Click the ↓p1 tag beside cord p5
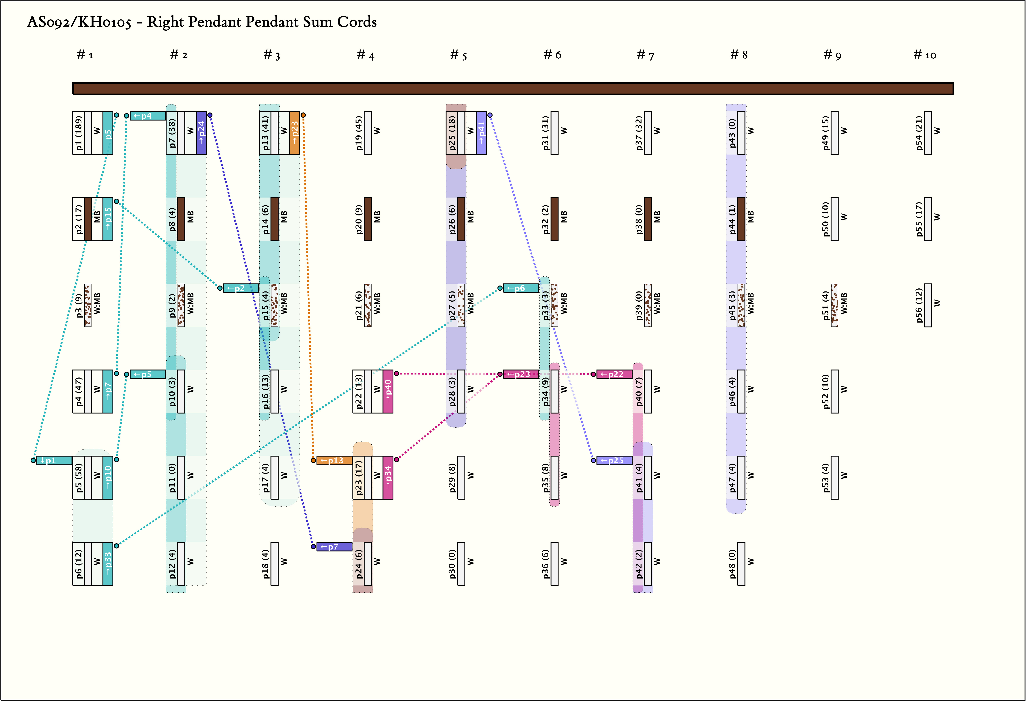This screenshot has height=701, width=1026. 54,460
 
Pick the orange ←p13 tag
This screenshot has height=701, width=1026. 334,460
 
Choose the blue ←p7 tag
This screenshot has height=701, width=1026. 334,547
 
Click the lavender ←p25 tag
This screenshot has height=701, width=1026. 614,460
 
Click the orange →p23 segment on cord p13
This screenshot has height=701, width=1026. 295,133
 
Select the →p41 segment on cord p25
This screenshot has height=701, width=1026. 481,133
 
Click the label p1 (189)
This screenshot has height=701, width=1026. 79,133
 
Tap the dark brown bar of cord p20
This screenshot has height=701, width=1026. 368,219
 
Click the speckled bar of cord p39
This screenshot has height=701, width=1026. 648,305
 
